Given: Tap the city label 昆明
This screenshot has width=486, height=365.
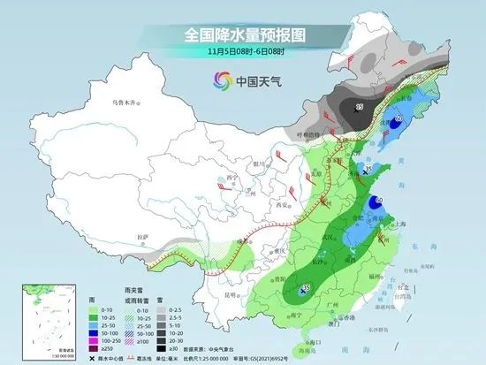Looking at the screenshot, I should pyautogui.click(x=229, y=293).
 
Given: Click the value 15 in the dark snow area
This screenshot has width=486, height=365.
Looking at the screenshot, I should pyautogui.click(x=359, y=107).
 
